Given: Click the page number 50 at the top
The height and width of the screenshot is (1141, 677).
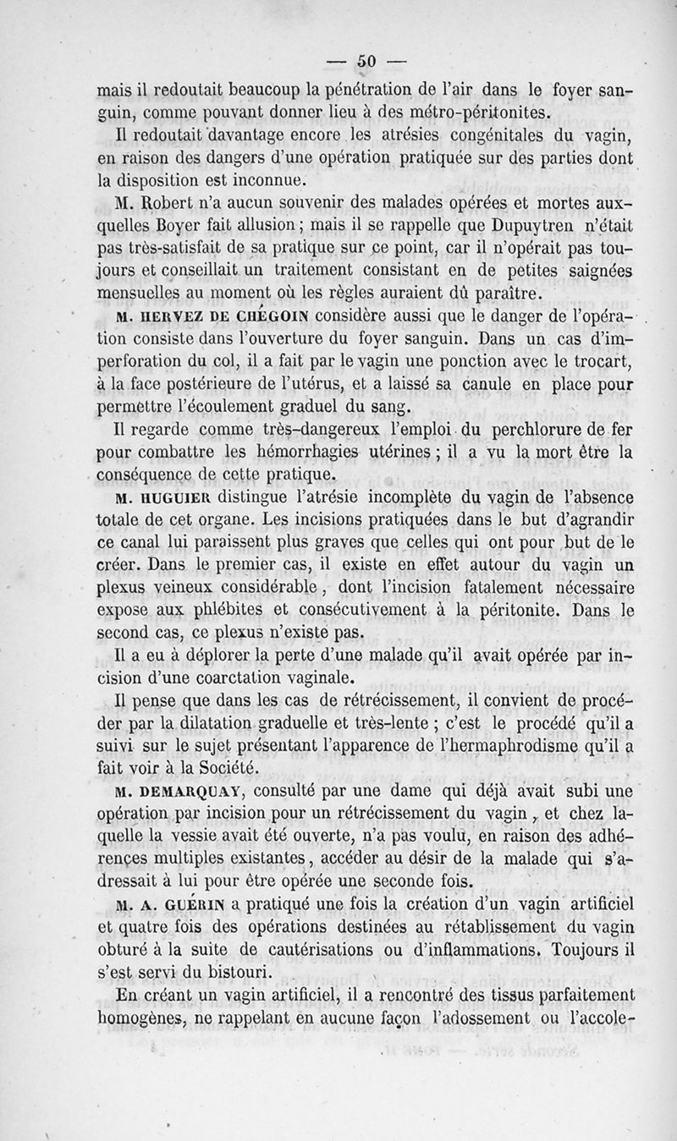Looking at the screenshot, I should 366,60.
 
